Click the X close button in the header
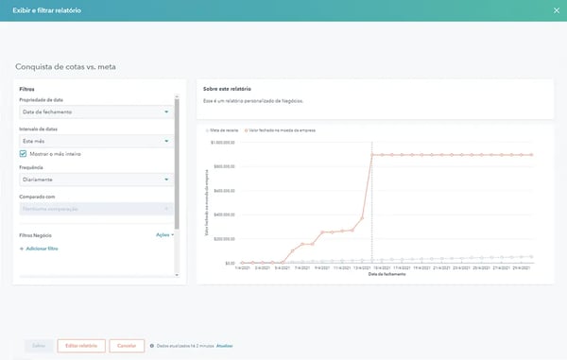(555, 10)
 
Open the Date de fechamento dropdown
(94, 111)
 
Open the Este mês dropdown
(94, 140)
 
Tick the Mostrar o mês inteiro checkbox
(24, 153)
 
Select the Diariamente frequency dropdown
(94, 179)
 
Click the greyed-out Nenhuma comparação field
(94, 208)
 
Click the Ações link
(164, 234)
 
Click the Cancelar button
(127, 346)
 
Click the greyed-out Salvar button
(36, 346)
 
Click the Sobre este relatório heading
(228, 88)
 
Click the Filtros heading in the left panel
(27, 89)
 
